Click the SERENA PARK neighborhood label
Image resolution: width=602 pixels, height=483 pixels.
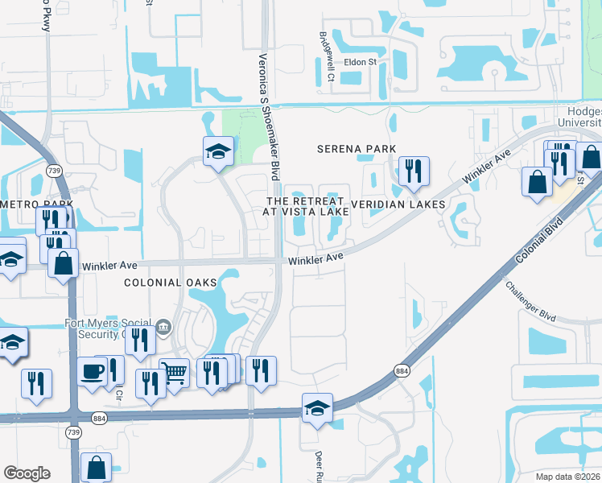[357, 149]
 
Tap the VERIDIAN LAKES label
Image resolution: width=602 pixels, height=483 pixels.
[398, 204]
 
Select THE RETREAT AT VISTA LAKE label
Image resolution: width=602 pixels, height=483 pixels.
[307, 205]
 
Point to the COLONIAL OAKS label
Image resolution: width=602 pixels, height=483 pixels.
[170, 283]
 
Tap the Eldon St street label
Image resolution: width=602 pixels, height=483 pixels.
[361, 62]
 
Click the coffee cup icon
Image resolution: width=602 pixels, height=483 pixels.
[93, 372]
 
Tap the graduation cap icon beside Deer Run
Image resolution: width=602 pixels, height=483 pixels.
[317, 407]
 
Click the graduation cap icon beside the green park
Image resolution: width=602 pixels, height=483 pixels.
[217, 151]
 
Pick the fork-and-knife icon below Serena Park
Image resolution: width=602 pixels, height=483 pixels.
[414, 170]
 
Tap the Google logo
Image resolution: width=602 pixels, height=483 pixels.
[27, 473]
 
